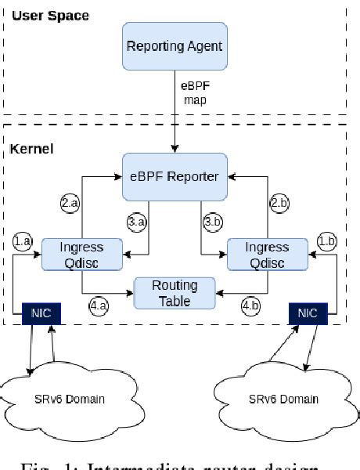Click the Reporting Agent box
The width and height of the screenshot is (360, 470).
(174, 47)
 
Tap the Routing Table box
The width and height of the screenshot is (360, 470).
(175, 292)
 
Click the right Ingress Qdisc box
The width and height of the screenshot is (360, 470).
(257, 254)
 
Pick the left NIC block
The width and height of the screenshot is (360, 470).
(40, 314)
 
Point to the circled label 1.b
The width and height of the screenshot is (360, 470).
(326, 240)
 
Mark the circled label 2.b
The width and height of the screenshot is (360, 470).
(279, 203)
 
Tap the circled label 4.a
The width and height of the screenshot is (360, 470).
(99, 306)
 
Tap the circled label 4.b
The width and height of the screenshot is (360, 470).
(251, 306)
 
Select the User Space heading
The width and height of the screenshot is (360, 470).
(50, 16)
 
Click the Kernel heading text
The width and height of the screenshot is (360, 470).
(31, 148)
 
